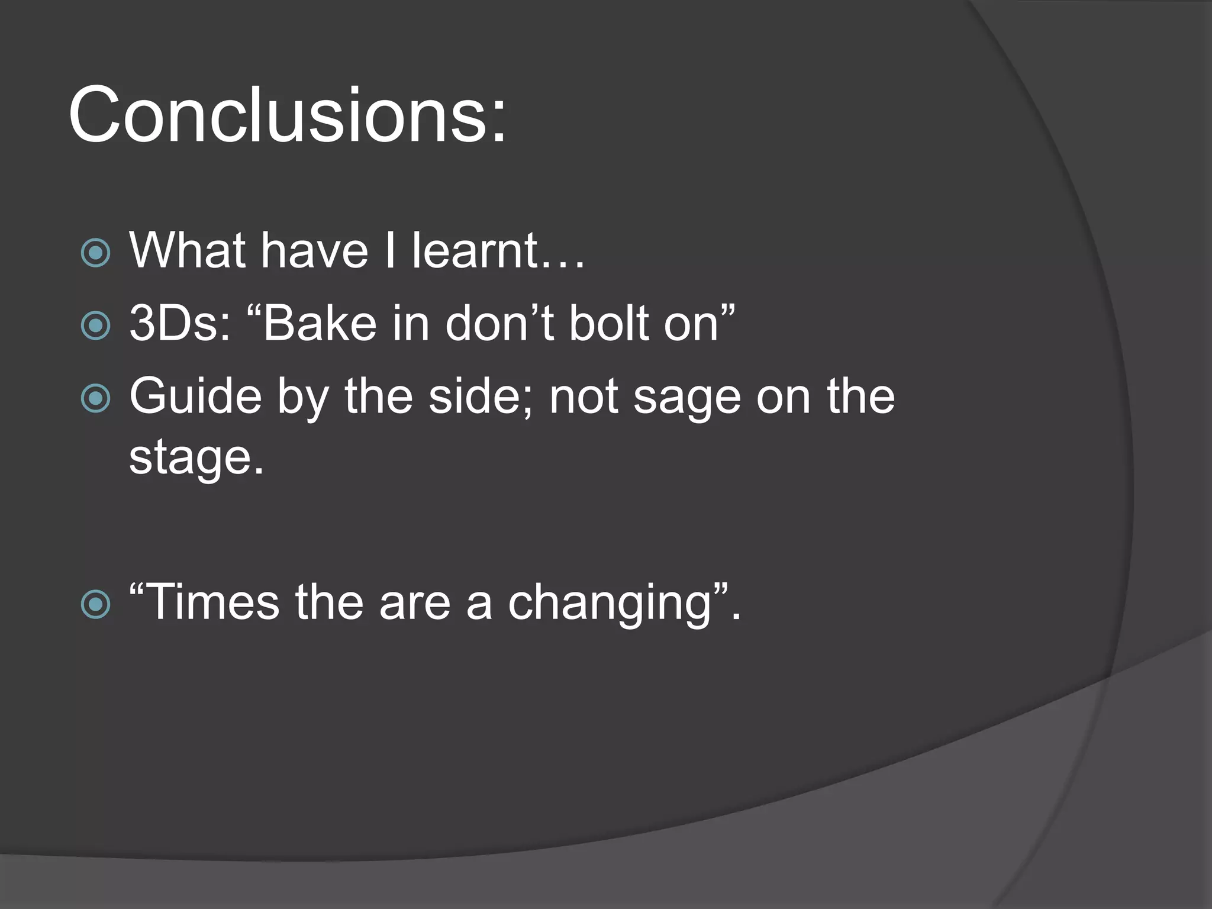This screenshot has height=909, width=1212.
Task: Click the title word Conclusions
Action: (287, 115)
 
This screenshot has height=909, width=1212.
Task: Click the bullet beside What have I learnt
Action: (95, 253)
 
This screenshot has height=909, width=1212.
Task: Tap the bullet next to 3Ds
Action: (95, 325)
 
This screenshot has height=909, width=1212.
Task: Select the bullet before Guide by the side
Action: (95, 398)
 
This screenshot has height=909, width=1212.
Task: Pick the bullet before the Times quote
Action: (95, 604)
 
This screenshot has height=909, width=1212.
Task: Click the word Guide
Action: (195, 397)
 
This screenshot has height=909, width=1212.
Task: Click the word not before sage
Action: (584, 397)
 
